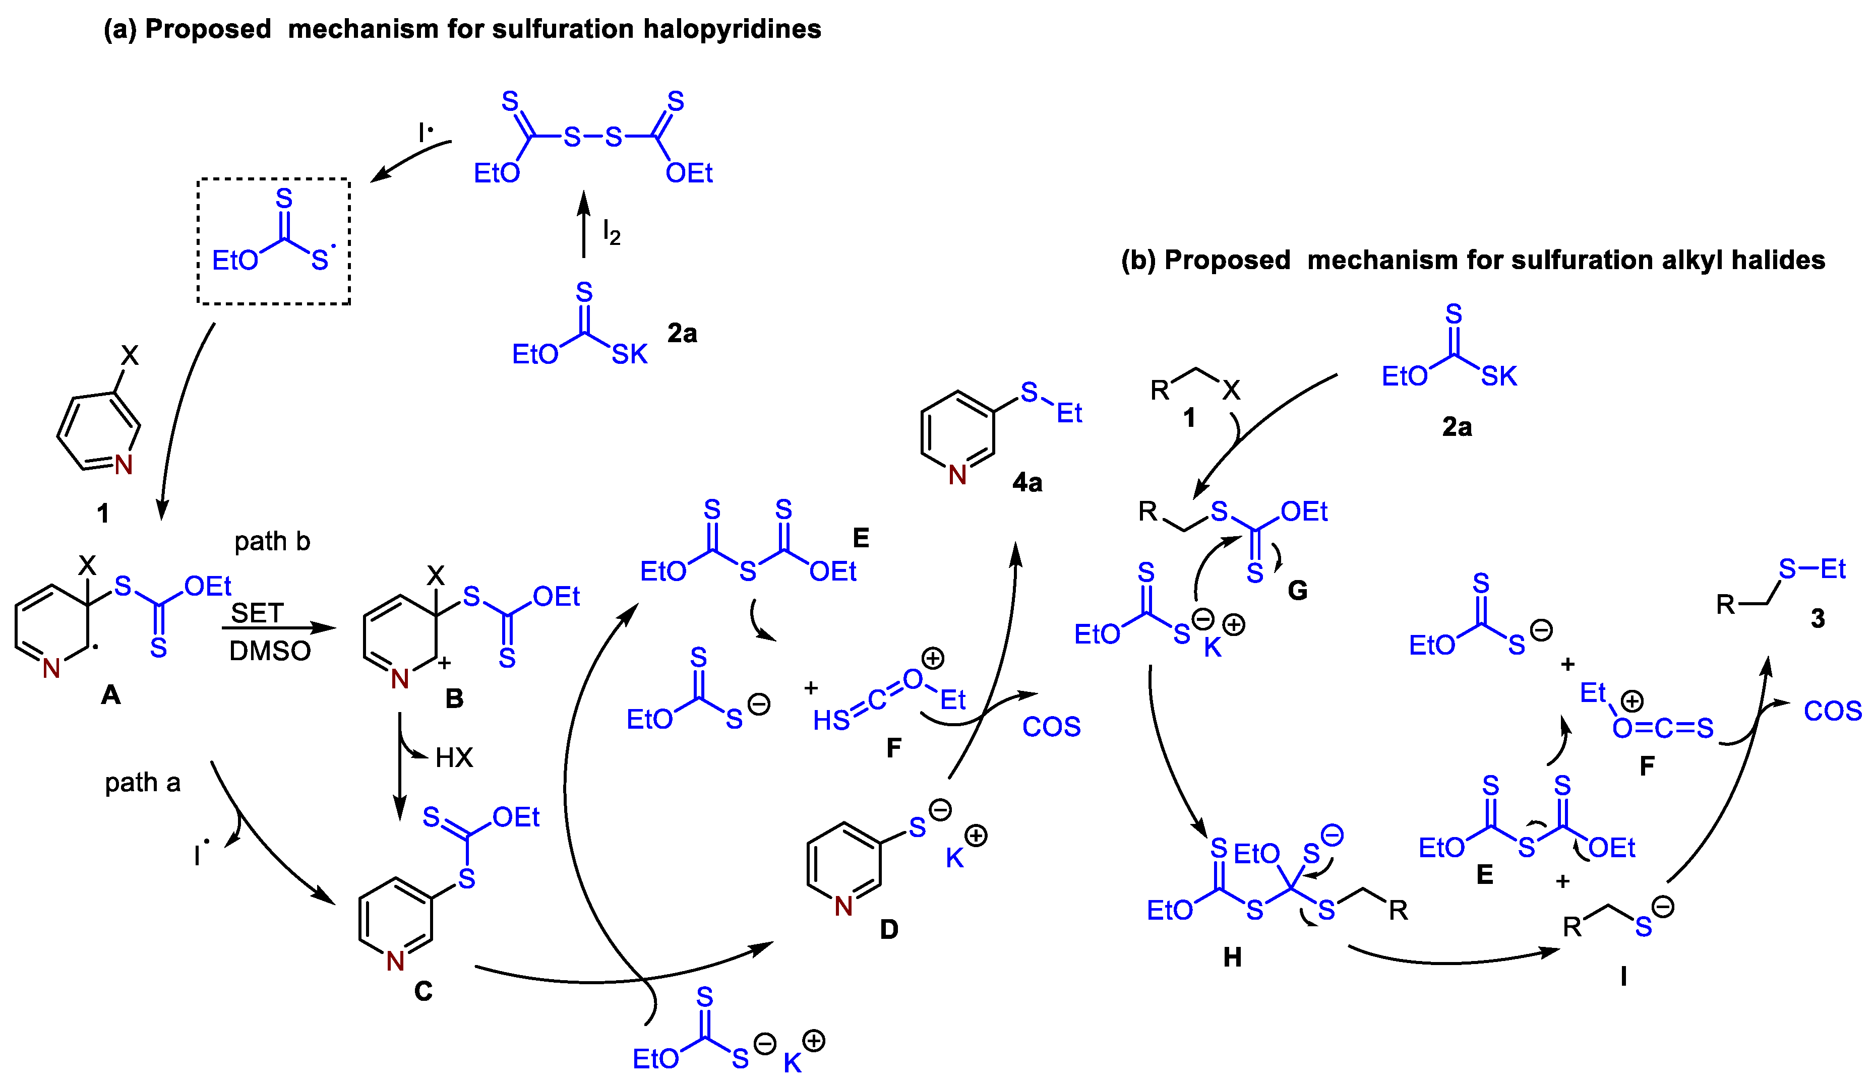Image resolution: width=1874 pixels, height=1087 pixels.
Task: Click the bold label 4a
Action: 1027,483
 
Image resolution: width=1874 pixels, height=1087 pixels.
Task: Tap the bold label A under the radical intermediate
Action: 111,695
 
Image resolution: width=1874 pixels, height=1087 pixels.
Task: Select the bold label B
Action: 454,699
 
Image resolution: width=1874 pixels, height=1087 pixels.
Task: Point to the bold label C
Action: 423,991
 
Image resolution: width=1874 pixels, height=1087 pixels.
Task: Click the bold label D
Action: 889,929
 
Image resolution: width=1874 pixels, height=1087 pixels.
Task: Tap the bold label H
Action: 1232,957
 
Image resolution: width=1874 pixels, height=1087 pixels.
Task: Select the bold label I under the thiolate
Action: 1623,976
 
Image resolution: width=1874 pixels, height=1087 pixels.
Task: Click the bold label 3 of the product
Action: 1818,619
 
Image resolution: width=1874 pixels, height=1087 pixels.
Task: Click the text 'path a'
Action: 142,783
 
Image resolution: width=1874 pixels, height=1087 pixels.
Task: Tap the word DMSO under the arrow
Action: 269,651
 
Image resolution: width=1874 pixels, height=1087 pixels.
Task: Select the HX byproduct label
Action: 454,757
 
